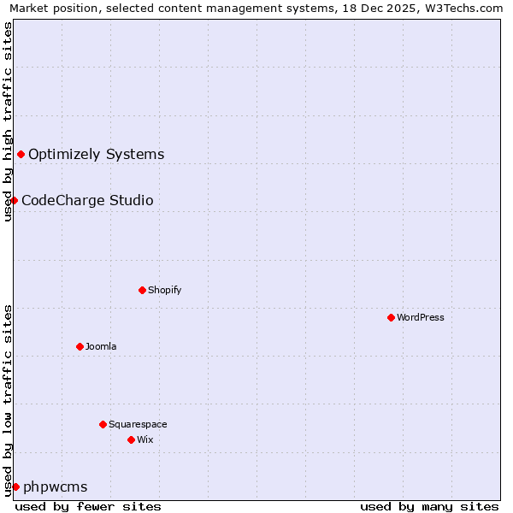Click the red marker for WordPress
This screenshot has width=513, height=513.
pyautogui.click(x=391, y=317)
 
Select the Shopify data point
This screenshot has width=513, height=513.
pyautogui.click(x=142, y=290)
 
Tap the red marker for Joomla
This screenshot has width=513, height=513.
pyautogui.click(x=80, y=346)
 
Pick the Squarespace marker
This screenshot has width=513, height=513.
pyautogui.click(x=103, y=424)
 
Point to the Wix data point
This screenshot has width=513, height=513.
pyautogui.click(x=131, y=439)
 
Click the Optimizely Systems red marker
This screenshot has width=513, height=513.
pyautogui.click(x=21, y=154)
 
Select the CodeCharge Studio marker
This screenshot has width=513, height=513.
pyautogui.click(x=14, y=200)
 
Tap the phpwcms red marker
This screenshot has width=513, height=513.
pyautogui.click(x=15, y=486)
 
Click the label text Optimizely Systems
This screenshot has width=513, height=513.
pyautogui.click(x=96, y=155)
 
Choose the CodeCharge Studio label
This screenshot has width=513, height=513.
pyautogui.click(x=87, y=201)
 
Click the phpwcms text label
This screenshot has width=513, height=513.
pyautogui.click(x=55, y=487)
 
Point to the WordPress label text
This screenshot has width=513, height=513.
pyautogui.click(x=421, y=318)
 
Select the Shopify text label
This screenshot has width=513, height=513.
pyautogui.click(x=165, y=291)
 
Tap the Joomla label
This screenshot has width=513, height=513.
pyautogui.click(x=101, y=347)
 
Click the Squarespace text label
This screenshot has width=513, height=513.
pyautogui.click(x=138, y=425)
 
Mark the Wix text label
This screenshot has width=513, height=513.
pyautogui.click(x=145, y=440)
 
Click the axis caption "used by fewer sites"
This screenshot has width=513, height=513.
pyautogui.click(x=88, y=506)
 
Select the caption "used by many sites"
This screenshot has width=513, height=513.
pyautogui.click(x=428, y=506)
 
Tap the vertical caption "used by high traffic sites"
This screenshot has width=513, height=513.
pyautogui.click(x=8, y=121)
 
